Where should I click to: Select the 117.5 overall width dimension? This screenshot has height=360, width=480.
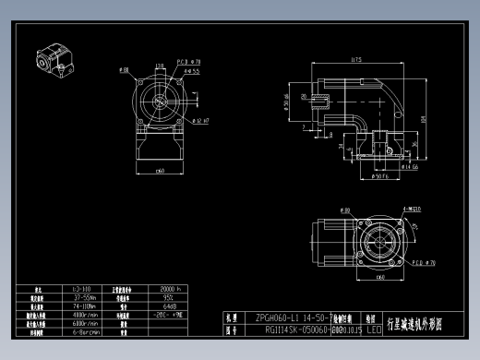355,61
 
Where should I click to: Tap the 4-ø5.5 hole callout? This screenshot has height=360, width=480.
192,70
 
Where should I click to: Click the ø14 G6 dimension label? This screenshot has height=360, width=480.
409,167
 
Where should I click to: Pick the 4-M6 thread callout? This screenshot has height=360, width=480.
411,210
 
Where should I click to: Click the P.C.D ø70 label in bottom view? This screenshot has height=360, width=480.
423,261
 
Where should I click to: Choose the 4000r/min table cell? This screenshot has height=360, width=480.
85,316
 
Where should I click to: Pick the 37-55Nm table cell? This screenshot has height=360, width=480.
85,298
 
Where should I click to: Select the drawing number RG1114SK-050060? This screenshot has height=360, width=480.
294,328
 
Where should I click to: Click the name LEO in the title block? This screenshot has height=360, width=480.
373,328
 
